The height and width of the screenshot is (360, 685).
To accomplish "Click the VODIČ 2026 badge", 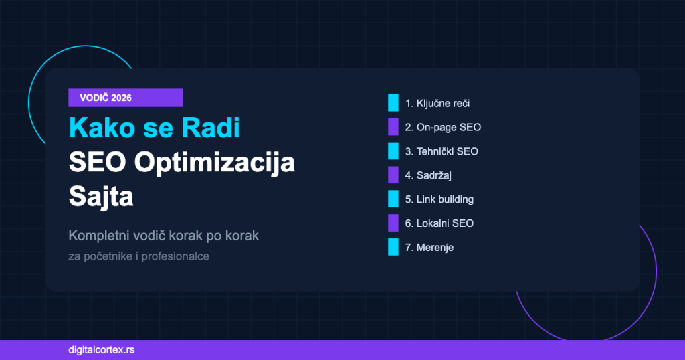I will tap(125, 98).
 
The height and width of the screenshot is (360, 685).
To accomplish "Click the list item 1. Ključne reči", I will tap(442, 104).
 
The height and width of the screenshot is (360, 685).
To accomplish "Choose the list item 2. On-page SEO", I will tap(443, 127).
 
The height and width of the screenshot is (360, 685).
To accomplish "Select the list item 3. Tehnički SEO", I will tap(442, 151).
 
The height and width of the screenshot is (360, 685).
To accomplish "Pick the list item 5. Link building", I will tap(439, 199).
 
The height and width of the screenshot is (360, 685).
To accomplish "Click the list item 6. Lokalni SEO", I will tap(439, 223).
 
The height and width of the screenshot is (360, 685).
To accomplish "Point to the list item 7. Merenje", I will tap(429, 247).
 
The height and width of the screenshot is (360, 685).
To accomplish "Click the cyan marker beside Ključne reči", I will tap(393, 104).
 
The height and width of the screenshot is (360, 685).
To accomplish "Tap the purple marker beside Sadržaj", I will tap(393, 175).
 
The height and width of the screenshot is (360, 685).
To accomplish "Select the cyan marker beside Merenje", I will tap(393, 247).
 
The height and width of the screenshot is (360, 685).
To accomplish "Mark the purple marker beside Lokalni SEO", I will tap(393, 223).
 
